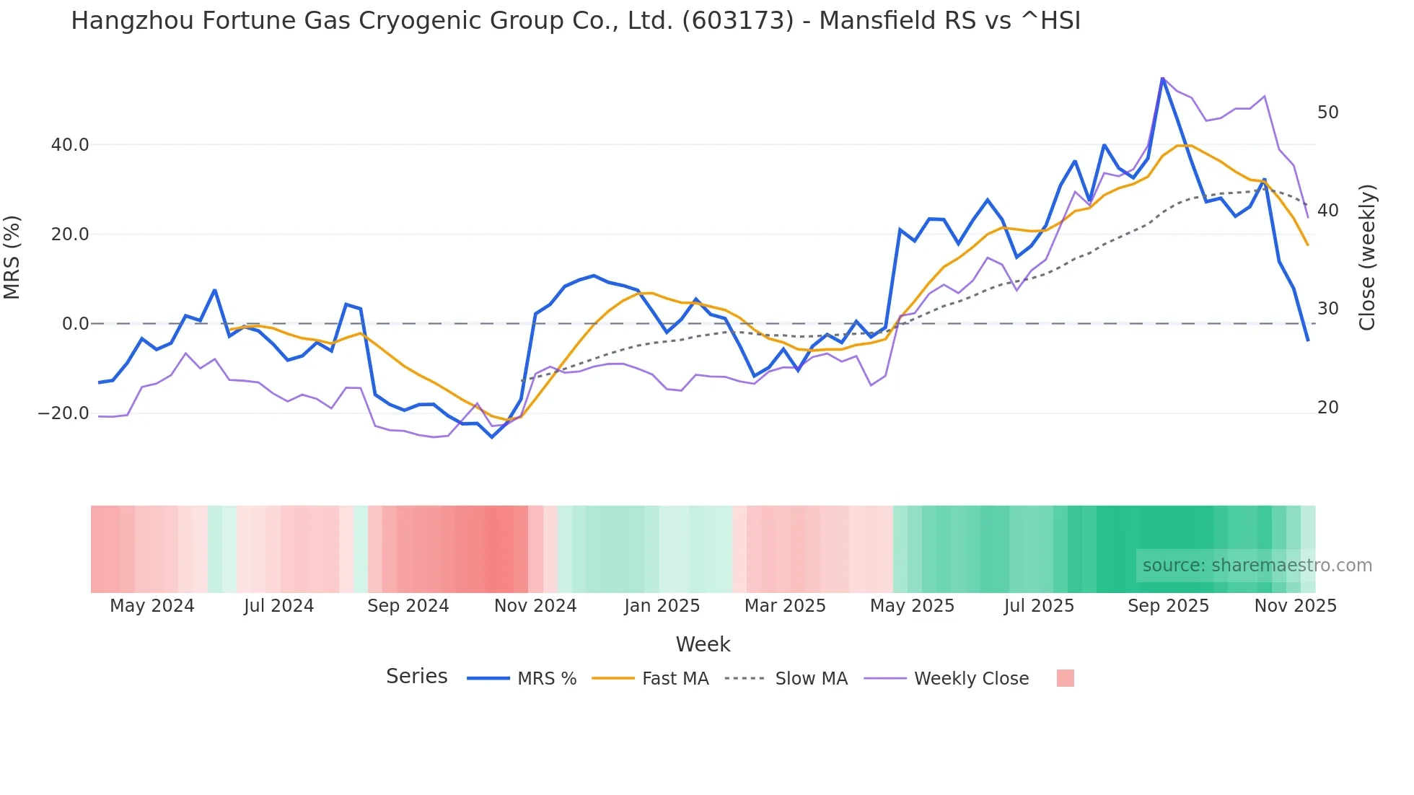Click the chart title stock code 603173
tap(737, 21)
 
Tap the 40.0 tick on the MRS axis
tap(70, 145)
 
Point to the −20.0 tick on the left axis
tap(64, 413)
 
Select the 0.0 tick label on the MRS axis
tap(76, 324)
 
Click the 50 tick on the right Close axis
tap(1327, 113)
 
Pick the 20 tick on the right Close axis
tap(1327, 408)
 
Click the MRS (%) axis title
tap(12, 257)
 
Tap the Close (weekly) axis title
tap(1367, 257)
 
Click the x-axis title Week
tap(703, 644)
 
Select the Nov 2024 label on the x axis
tap(535, 606)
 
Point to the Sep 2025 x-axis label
tap(1168, 606)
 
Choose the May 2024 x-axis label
tap(152, 606)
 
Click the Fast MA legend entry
tap(675, 679)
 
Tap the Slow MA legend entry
tap(811, 679)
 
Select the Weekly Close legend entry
tap(971, 679)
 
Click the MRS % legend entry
tap(547, 679)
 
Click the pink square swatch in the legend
tap(1065, 678)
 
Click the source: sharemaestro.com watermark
tap(1257, 566)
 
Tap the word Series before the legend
tap(416, 677)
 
